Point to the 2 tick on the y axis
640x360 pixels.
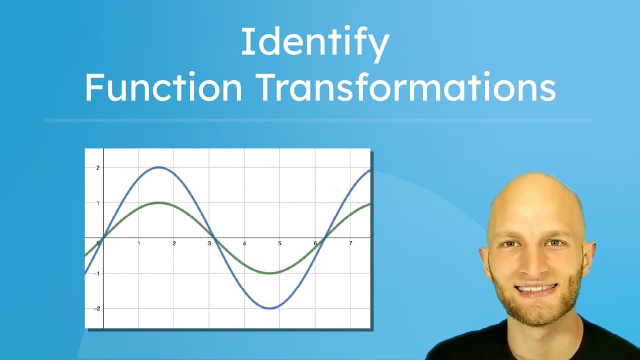[x=98, y=167]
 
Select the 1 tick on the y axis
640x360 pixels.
[x=98, y=203]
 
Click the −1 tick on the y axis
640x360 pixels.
[x=97, y=273]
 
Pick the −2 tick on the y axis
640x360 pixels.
[x=97, y=308]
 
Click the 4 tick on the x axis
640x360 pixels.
[x=244, y=243]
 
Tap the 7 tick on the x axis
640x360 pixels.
[x=350, y=243]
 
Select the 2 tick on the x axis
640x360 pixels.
[x=174, y=243]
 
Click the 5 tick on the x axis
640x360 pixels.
[x=280, y=243]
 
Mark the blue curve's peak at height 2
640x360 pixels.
[x=158, y=167]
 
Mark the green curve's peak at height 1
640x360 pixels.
[x=158, y=202]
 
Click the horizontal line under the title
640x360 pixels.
[x=318, y=120]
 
